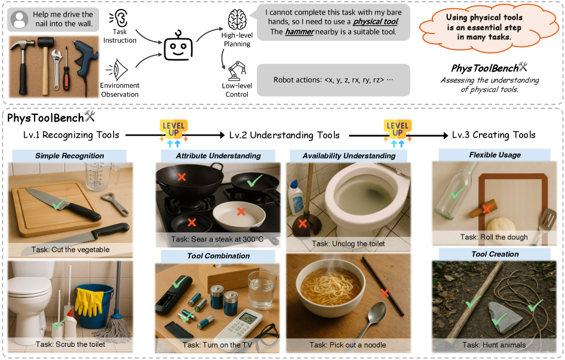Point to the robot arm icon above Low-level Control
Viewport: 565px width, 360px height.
(237, 69)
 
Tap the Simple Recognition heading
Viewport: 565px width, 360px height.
(69, 156)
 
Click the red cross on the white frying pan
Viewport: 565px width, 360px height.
(240, 211)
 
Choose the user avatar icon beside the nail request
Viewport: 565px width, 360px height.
(20, 20)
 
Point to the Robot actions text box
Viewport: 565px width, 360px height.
(333, 80)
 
